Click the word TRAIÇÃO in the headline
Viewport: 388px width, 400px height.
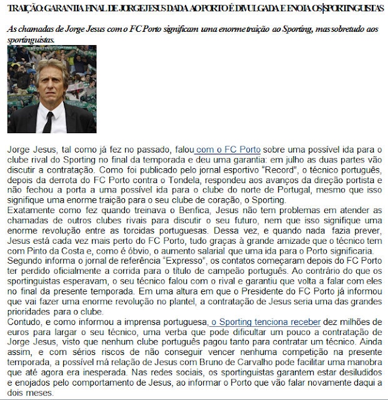pos(25,9)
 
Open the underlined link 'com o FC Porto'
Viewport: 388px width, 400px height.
pos(227,151)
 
